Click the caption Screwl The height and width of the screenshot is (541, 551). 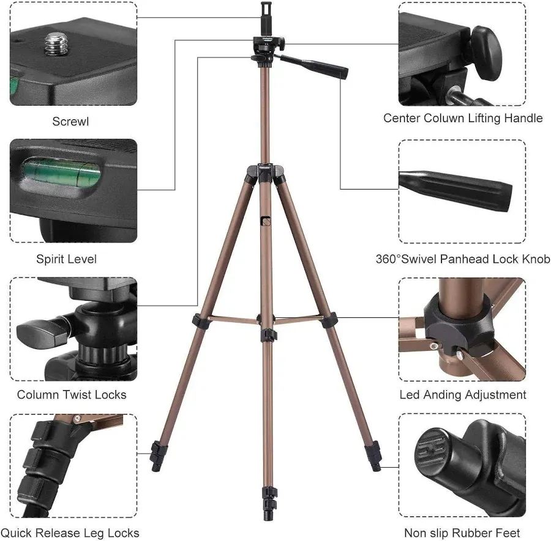pyautogui.click(x=70, y=121)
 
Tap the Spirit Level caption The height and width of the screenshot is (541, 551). pyautogui.click(x=66, y=259)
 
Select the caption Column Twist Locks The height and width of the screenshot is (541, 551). pyautogui.click(x=72, y=394)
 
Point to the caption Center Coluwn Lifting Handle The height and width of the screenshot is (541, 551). pyautogui.click(x=463, y=118)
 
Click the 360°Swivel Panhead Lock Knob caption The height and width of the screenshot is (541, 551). pyautogui.click(x=463, y=259)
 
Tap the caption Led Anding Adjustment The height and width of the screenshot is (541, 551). pyautogui.click(x=463, y=394)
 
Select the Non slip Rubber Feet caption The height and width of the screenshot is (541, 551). pyautogui.click(x=463, y=532)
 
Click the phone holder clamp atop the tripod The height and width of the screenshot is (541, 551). pyautogui.click(x=266, y=18)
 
